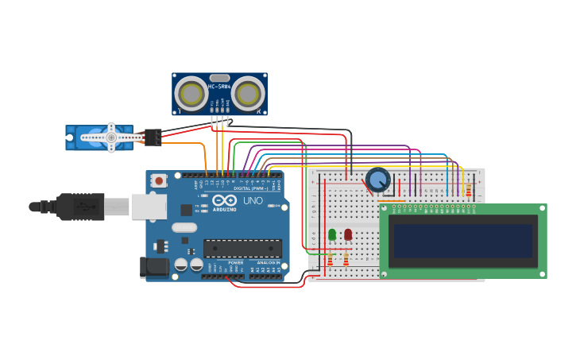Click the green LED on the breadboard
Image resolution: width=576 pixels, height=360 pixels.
tap(332, 234)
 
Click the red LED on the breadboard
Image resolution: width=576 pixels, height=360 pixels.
tap(348, 234)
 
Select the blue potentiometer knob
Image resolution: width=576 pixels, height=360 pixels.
tap(378, 180)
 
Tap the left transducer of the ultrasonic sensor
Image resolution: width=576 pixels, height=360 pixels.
tap(191, 94)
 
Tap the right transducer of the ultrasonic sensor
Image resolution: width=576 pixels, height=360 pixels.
tap(249, 94)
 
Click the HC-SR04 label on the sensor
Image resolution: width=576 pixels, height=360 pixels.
tap(219, 86)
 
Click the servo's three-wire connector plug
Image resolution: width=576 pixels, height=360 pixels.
tap(153, 137)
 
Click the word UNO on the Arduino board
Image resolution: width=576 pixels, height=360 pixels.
tap(252, 201)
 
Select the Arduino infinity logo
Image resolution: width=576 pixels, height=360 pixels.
tap(224, 200)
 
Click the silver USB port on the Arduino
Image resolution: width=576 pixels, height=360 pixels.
tap(149, 207)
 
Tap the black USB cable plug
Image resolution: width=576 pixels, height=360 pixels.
tap(79, 207)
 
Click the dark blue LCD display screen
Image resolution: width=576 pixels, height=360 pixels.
tap(462, 240)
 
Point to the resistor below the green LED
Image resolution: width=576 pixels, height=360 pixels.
tap(330, 260)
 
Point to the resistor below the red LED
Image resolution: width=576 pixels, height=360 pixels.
tap(346, 260)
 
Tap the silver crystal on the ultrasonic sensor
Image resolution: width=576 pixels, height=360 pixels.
tap(220, 78)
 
